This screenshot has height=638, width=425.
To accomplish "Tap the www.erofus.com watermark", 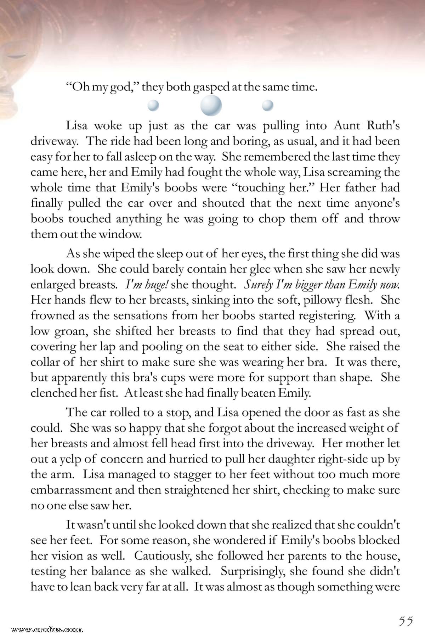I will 47,630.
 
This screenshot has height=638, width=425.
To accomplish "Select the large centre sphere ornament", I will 211,105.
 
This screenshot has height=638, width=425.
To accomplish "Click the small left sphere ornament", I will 153,105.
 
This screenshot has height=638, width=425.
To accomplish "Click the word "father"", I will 347,188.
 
